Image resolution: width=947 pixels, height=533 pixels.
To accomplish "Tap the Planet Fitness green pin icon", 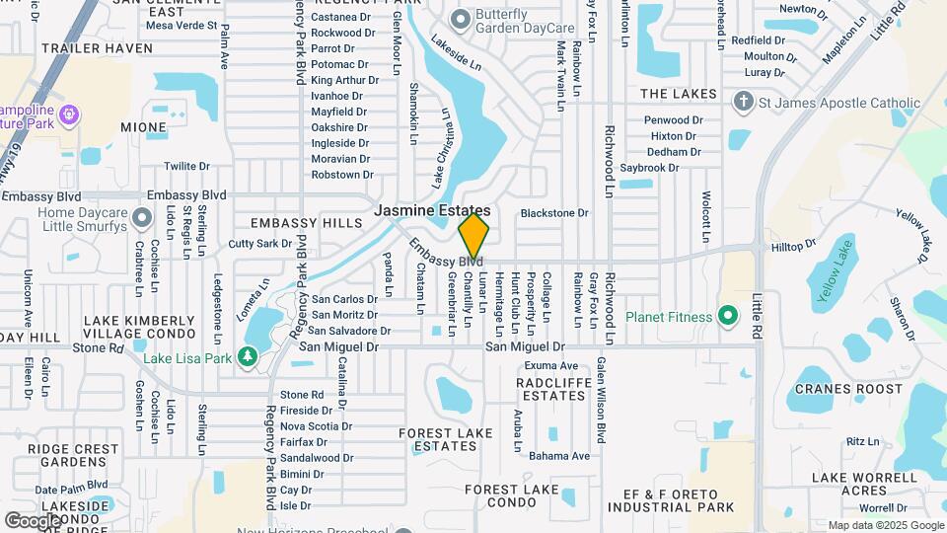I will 728,317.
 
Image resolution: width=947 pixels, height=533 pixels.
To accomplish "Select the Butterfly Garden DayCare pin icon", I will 460,19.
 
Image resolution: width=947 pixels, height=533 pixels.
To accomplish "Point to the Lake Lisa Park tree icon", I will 247,356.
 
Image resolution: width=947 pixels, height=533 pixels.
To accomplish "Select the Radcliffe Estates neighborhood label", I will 552,388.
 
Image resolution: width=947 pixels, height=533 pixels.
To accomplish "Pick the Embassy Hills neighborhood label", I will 307,224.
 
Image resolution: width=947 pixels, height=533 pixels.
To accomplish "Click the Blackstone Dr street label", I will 553,213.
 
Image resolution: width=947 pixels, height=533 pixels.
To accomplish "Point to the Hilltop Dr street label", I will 794,244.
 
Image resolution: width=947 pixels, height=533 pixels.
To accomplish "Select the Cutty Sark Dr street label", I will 260,244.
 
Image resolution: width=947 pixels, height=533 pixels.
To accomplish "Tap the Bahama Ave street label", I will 558,456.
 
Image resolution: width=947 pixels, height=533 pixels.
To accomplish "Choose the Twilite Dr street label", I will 187,167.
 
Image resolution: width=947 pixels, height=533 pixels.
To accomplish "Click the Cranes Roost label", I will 836,389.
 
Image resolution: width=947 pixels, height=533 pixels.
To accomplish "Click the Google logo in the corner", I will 34,519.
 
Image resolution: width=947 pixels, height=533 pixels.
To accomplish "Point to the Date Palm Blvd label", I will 71,487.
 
